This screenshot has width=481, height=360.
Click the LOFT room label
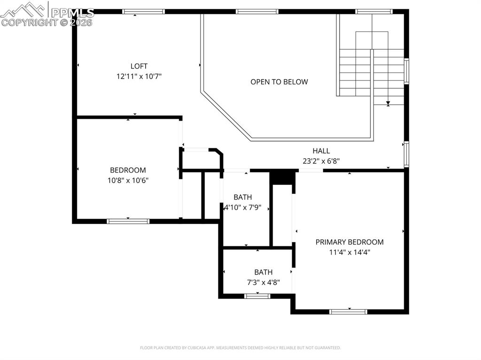pyautogui.click(x=139, y=66)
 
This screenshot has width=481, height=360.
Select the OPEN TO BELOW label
pyautogui.click(x=279, y=82)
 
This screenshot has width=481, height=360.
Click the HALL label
pyautogui.click(x=321, y=151)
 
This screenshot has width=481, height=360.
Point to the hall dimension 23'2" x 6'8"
pyautogui.click(x=321, y=161)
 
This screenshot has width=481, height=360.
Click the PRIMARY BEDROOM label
pyautogui.click(x=349, y=242)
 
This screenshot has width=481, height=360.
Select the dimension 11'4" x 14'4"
pyautogui.click(x=349, y=252)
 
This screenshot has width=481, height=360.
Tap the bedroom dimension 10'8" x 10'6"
pyautogui.click(x=128, y=180)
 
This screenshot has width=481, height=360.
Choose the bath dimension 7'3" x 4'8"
pyautogui.click(x=263, y=282)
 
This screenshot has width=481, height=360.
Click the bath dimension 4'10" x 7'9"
pyautogui.click(x=242, y=207)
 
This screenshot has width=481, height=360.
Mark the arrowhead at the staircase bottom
pyautogui.click(x=388, y=104)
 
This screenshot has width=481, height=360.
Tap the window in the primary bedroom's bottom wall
pyautogui.click(x=348, y=311)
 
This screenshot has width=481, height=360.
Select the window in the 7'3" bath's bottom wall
pyautogui.click(x=257, y=296)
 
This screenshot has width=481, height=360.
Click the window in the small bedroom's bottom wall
pyautogui.click(x=128, y=221)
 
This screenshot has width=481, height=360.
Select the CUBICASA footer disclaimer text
pyautogui.click(x=240, y=348)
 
